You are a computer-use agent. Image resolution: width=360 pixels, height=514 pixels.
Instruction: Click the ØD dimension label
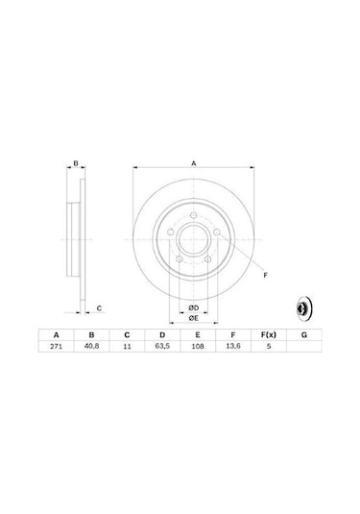tap(193, 306)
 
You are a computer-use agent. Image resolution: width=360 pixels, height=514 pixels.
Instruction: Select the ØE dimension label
tap(193, 317)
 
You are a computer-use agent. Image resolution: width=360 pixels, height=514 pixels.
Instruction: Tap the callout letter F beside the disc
tap(265, 276)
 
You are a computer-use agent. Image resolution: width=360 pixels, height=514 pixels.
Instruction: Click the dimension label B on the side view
tap(77, 165)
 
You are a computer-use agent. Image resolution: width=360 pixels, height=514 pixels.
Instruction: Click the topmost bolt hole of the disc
tap(193, 216)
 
